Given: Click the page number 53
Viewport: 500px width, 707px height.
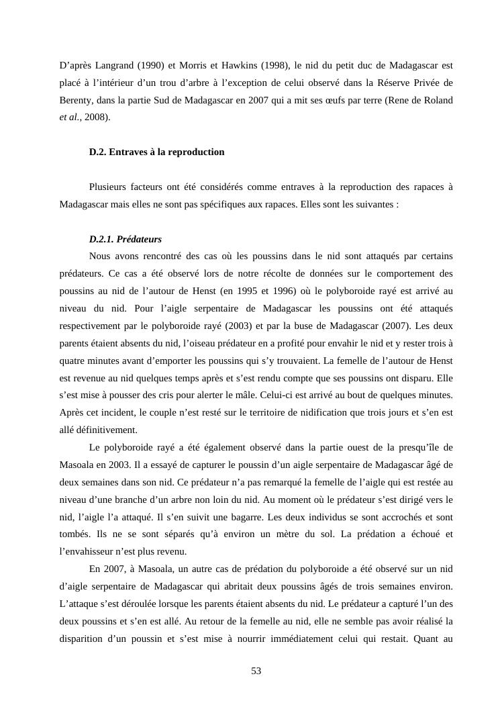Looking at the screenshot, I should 256,671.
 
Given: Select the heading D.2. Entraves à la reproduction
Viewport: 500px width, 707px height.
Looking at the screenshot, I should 156,152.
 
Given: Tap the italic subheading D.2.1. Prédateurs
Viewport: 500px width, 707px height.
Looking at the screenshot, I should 126,239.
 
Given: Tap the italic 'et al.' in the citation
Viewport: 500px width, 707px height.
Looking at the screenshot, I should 70,118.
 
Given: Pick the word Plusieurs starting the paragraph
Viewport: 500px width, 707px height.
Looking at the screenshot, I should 109,187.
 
